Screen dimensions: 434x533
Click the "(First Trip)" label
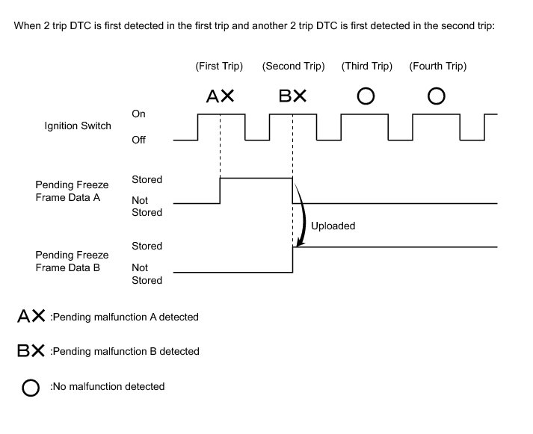click(x=219, y=66)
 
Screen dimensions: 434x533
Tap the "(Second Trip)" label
click(x=293, y=66)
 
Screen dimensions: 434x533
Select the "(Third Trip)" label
click(x=366, y=66)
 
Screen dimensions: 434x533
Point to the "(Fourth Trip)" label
click(x=438, y=66)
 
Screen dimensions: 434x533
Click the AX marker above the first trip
click(x=220, y=96)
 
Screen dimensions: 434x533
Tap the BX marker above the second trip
click(x=293, y=96)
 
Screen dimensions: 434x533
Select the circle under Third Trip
click(x=366, y=96)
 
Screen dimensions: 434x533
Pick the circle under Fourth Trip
click(x=437, y=96)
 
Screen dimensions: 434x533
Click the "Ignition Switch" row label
click(x=78, y=125)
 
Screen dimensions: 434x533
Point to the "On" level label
click(x=138, y=114)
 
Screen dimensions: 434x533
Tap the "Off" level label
click(x=138, y=140)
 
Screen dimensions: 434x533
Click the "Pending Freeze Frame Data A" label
click(x=72, y=190)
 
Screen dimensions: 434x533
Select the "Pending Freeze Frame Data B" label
click(x=72, y=261)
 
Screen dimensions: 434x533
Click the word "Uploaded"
click(x=333, y=226)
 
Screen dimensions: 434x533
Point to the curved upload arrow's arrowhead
click(x=300, y=244)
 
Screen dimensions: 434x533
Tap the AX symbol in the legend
click(x=31, y=317)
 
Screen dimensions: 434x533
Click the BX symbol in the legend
click(x=31, y=351)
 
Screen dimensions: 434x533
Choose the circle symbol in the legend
click(x=31, y=387)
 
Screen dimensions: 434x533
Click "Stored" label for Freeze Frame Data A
click(x=147, y=179)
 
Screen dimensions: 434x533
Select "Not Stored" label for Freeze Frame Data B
click(x=147, y=273)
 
